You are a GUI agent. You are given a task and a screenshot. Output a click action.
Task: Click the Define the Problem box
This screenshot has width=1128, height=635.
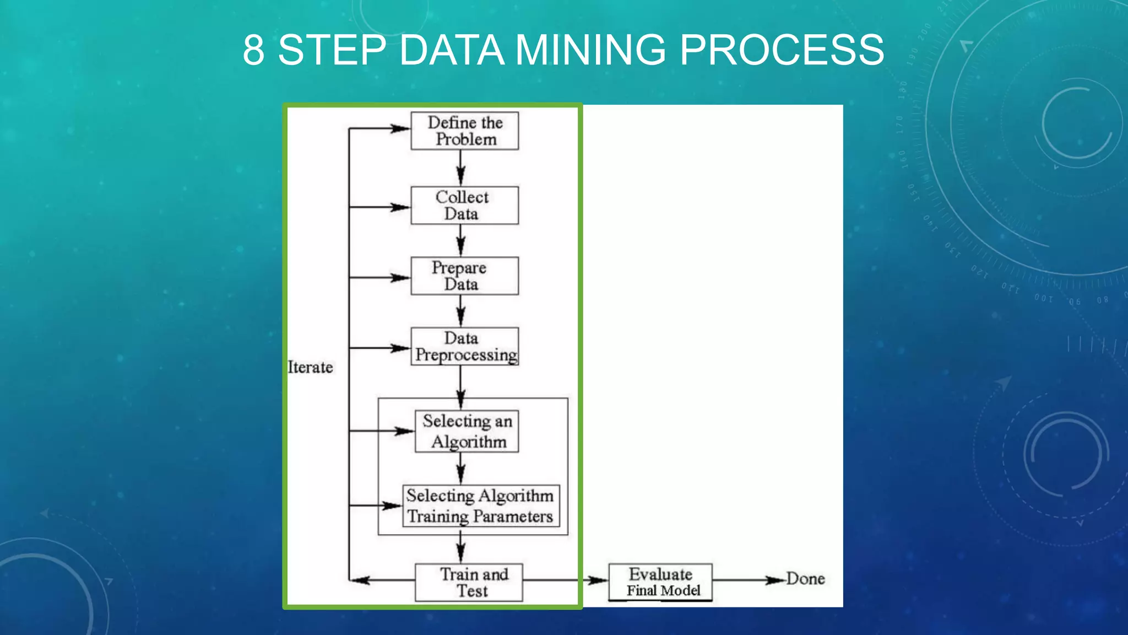point(464,131)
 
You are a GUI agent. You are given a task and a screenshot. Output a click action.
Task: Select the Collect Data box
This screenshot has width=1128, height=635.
point(464,205)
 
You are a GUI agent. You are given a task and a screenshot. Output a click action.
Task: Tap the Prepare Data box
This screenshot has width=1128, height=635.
point(464,276)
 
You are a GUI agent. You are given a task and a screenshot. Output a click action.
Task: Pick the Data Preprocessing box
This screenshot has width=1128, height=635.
point(464,346)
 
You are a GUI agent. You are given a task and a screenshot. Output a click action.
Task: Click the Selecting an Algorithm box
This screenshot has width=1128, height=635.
point(467,431)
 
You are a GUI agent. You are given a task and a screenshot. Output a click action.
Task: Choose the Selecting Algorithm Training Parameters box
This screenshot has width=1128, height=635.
point(481,506)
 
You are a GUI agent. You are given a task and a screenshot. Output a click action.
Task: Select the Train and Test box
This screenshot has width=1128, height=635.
point(469,582)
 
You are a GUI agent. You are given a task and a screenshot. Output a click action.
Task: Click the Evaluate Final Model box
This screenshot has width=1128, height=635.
point(660,582)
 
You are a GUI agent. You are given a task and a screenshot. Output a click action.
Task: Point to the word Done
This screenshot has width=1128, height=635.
point(805,579)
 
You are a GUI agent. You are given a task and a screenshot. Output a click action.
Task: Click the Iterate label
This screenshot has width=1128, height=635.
point(311,367)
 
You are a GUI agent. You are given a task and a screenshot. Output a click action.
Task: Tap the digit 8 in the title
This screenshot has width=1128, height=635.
point(253,50)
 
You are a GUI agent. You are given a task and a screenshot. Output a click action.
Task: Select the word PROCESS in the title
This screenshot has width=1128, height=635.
point(782,50)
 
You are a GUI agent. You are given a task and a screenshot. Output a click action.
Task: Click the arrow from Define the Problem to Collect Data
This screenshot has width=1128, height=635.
point(461,168)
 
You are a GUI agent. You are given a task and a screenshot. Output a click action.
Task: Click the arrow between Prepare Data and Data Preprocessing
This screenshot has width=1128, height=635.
point(461,311)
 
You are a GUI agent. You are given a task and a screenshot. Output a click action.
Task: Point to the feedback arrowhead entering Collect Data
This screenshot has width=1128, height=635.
point(400,207)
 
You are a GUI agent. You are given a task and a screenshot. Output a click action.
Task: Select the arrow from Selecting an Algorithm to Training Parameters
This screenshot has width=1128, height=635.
point(461,469)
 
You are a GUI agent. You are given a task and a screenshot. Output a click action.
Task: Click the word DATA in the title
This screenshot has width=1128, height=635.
point(452,50)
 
